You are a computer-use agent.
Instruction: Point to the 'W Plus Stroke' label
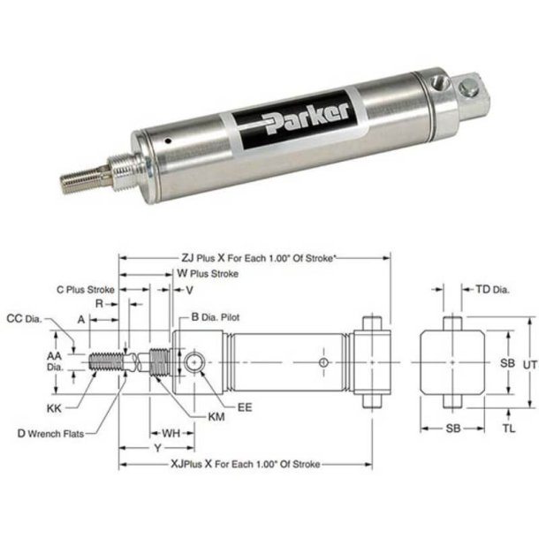207,274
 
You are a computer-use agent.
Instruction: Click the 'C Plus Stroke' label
86,289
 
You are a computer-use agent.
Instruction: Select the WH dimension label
172,432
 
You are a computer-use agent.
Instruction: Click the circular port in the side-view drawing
194,360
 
